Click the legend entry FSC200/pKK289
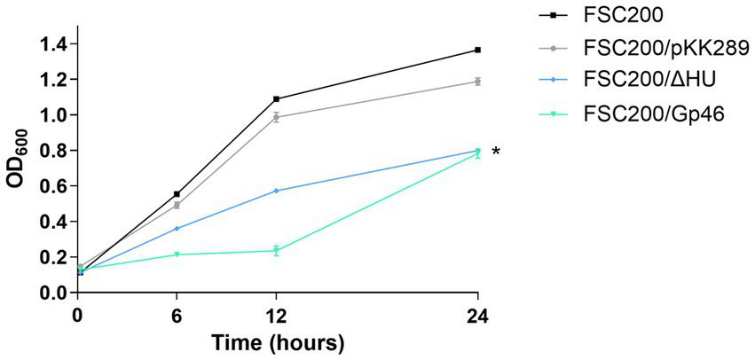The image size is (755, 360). pos(660,47)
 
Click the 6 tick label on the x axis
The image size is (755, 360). pos(177,313)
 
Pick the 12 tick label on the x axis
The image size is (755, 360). pos(277,313)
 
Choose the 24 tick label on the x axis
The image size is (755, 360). pos(478,313)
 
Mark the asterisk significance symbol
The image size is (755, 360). pos(496,153)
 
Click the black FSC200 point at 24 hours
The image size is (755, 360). pos(478,50)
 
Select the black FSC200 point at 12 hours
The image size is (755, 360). pos(277,98)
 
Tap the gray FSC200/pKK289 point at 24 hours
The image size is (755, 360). pos(478,82)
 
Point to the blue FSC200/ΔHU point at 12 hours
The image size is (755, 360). pos(277,191)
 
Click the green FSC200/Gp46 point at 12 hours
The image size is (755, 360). pos(277,251)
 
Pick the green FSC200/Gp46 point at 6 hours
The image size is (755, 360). pos(177,254)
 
